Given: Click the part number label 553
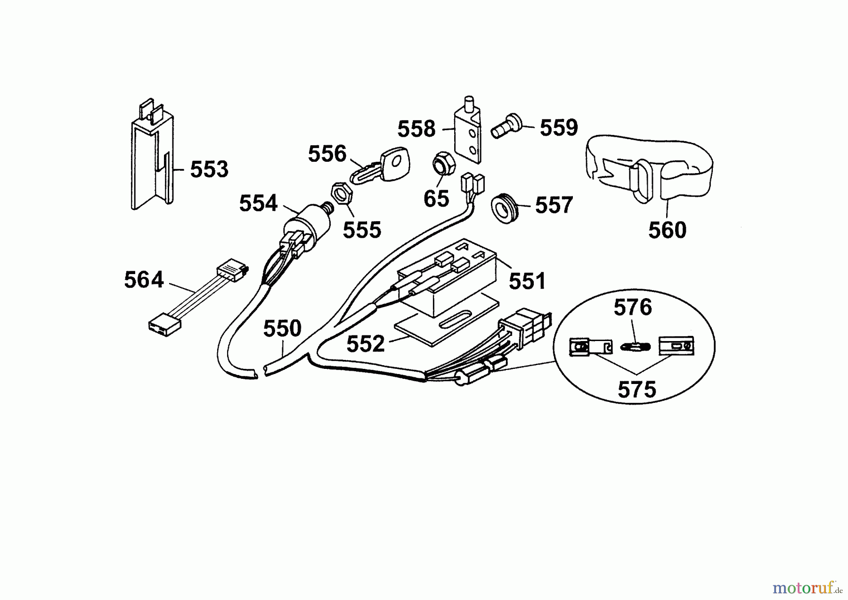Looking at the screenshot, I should (209, 169).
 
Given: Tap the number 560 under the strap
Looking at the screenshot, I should (667, 230).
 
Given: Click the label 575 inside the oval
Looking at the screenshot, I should (636, 390).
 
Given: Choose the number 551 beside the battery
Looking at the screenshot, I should (527, 281).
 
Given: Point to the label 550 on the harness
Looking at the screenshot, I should (282, 328).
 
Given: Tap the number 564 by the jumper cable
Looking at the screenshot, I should (144, 280).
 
